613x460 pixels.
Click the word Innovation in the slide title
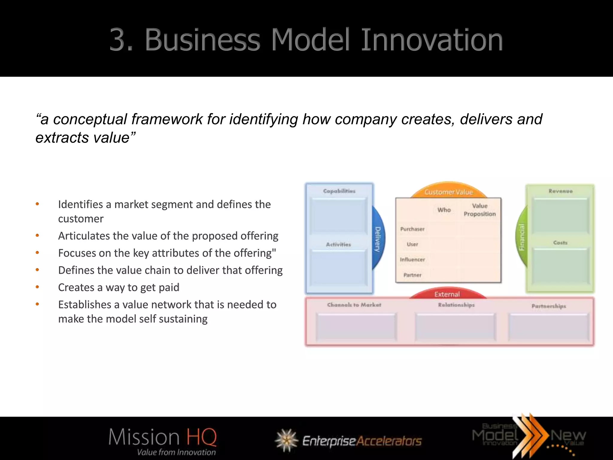click(x=432, y=40)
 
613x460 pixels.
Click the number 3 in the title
click(x=120, y=40)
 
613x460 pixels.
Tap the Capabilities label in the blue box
click(x=339, y=191)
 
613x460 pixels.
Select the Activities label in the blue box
click(x=339, y=244)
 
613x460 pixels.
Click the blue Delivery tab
click(x=378, y=239)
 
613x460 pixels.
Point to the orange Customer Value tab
click(x=448, y=192)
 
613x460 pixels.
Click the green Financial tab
click(x=522, y=237)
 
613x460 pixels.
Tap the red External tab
click(x=447, y=294)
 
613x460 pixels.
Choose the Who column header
click(x=444, y=210)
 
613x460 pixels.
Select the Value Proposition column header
click(x=480, y=210)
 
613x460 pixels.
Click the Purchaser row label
click(x=412, y=229)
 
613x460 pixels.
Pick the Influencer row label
click(x=412, y=260)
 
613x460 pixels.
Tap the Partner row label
click(x=412, y=275)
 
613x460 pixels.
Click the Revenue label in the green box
click(x=560, y=191)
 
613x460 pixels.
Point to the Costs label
click(x=560, y=243)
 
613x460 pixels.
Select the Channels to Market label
click(x=354, y=305)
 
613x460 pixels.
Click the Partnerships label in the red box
click(x=549, y=306)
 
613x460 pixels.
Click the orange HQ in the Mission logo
click(x=201, y=437)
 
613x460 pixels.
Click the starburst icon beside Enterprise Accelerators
click(x=286, y=440)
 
